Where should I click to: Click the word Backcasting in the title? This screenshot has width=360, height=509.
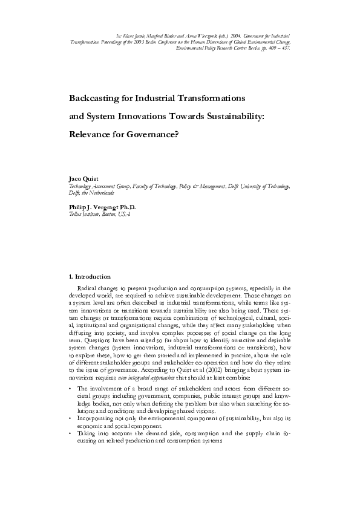pyautogui.click(x=96, y=97)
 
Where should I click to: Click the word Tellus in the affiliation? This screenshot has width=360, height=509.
pyautogui.click(x=77, y=214)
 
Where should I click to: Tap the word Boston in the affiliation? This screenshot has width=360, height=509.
pyautogui.click(x=110, y=214)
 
